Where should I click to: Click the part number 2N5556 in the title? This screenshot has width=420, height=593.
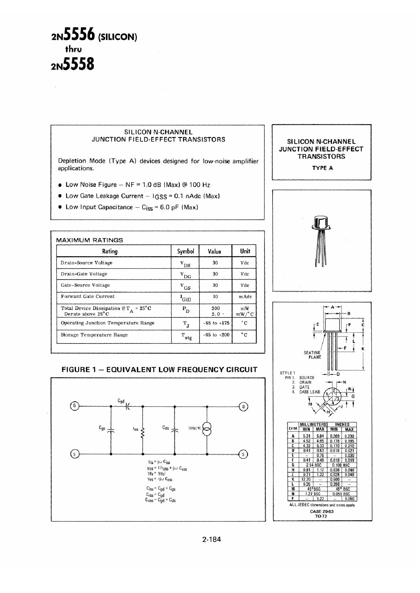(x=72, y=35)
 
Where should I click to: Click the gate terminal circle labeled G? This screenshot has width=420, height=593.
(x=74, y=406)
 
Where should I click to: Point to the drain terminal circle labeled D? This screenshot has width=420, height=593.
(x=243, y=406)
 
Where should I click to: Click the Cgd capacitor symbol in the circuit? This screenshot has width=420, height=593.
(x=127, y=406)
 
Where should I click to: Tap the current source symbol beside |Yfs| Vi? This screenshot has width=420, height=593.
(x=207, y=429)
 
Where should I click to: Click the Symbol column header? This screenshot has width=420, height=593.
(x=185, y=251)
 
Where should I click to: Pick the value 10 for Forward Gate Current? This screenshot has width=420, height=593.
(x=215, y=296)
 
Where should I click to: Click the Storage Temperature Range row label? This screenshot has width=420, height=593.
(x=94, y=335)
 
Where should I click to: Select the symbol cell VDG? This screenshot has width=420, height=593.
(x=185, y=275)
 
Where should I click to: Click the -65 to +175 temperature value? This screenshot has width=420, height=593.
(x=216, y=323)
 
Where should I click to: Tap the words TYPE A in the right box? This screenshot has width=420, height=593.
(x=322, y=168)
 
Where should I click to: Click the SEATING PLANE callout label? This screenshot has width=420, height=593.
(x=312, y=355)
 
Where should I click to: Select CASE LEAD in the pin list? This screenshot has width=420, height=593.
(x=309, y=392)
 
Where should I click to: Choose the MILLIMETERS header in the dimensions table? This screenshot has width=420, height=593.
(x=313, y=424)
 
